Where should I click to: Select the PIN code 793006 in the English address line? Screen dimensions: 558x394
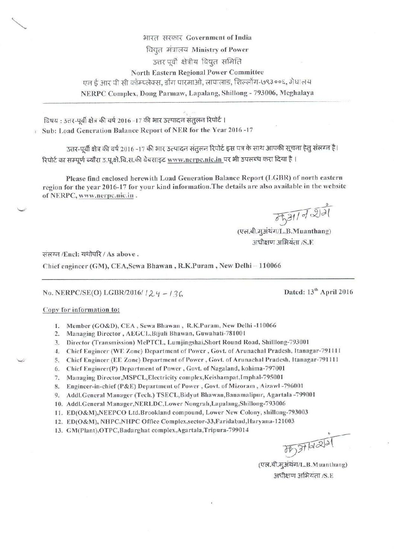[x=253, y=94]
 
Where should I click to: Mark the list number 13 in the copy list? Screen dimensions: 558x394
[x=58, y=430]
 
